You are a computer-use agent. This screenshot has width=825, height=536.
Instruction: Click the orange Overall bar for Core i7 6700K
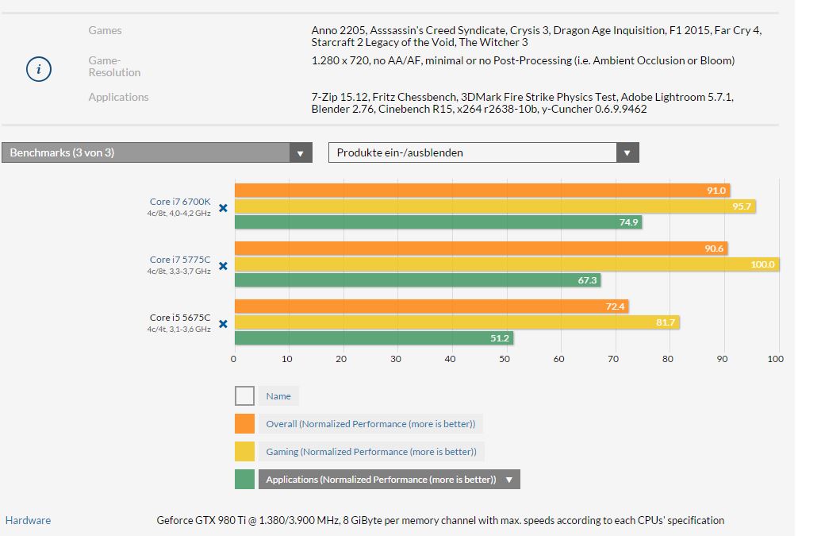pos(482,191)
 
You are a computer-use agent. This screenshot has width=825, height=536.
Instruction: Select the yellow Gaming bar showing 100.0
pos(507,264)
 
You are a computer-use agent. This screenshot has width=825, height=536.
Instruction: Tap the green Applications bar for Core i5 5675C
pos(374,337)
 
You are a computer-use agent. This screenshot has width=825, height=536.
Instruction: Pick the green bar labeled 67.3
pos(417,280)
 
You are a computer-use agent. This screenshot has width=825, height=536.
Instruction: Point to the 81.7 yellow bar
pos(457,322)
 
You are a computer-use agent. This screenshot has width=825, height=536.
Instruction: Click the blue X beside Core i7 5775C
pos(223,265)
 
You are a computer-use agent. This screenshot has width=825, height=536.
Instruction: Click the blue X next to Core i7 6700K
pos(223,207)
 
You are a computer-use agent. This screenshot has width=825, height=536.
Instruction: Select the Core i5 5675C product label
pos(180,318)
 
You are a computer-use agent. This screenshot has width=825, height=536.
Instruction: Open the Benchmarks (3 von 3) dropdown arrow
pos(300,153)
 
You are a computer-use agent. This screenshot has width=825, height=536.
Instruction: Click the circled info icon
pos(38,69)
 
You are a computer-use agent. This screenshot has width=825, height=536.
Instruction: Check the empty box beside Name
pos(244,395)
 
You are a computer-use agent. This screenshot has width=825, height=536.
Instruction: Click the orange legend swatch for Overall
pos(244,423)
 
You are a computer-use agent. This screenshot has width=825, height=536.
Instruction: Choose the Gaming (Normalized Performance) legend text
pos(370,452)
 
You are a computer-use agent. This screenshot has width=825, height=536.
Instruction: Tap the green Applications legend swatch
pos(244,479)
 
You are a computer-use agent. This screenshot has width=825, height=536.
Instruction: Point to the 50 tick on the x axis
pos(505,359)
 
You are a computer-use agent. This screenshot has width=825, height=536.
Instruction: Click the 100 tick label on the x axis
pos(776,359)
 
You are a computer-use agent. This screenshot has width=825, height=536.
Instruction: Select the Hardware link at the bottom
pos(28,521)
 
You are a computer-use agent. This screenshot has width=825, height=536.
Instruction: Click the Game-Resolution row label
pos(114,67)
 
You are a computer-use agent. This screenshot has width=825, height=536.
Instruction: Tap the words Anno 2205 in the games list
pos(336,30)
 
